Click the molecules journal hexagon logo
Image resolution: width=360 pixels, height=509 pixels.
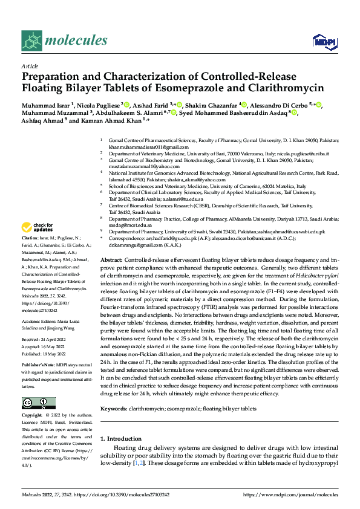pos(33,41)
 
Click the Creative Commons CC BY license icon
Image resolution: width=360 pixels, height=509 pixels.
pos(35,403)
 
